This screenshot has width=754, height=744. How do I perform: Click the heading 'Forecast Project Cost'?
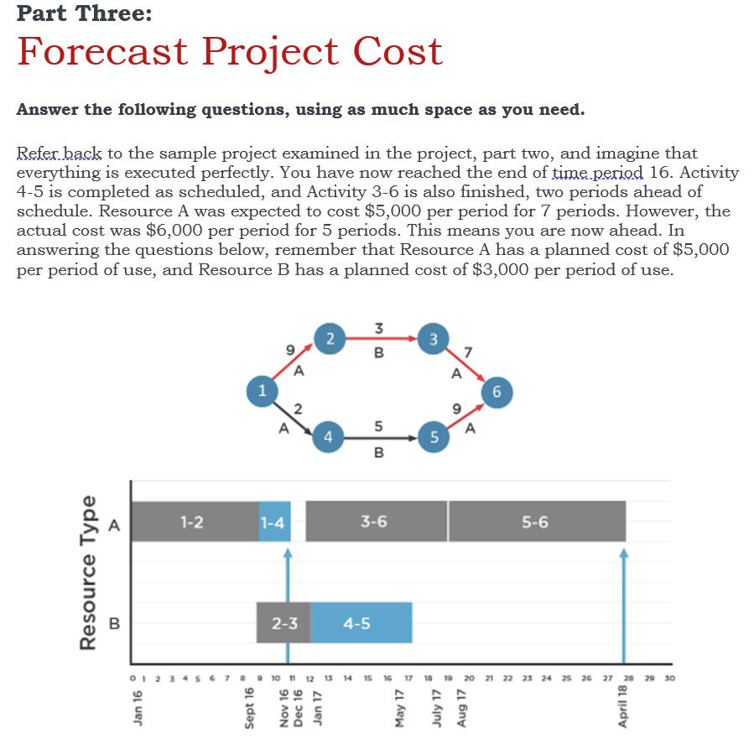point(229,51)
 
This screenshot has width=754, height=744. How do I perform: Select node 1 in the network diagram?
point(263,389)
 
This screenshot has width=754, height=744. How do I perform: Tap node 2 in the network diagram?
point(330,339)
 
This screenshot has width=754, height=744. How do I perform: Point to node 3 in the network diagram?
point(433,339)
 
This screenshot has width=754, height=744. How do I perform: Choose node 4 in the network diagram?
point(329,436)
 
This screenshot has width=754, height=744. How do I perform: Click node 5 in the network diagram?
point(433,436)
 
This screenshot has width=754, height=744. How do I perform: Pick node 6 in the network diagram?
point(497,389)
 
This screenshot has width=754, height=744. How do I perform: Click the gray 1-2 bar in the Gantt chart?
point(193,522)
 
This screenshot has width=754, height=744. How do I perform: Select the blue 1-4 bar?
point(273,522)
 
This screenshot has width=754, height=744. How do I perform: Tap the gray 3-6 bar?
point(375,522)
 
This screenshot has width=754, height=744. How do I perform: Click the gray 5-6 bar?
point(536,522)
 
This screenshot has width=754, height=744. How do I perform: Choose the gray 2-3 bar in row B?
point(283,622)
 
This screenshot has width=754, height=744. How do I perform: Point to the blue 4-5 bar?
point(361,622)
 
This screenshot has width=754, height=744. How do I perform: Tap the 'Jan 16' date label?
point(137,707)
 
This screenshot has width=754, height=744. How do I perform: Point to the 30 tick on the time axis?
point(668,678)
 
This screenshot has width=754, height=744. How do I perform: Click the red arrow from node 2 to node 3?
point(382,339)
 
